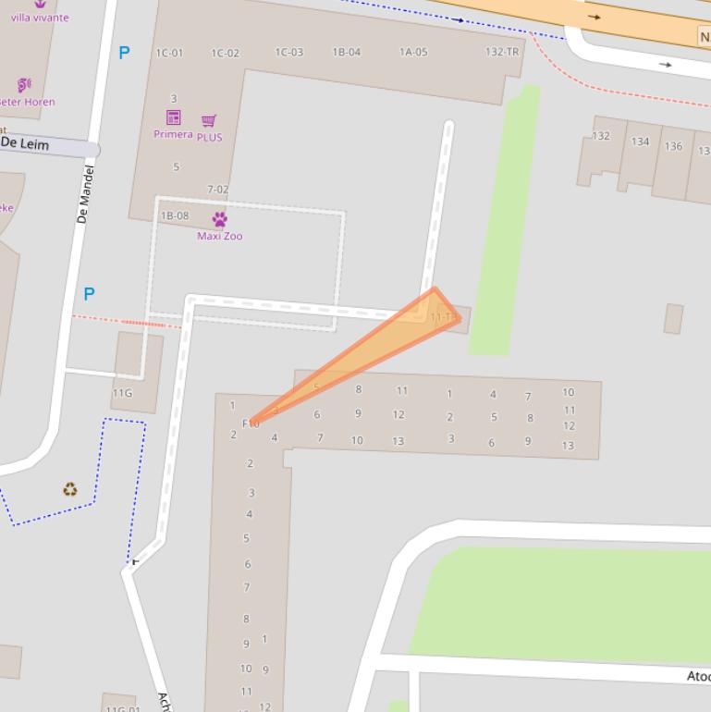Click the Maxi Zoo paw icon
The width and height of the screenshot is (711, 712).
pos(219,219)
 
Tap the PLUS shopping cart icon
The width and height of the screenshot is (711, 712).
pos(209,121)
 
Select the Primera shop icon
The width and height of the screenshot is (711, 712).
pos(173,117)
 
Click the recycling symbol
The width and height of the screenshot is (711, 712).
pos(70,489)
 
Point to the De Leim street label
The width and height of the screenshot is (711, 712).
pos(25,143)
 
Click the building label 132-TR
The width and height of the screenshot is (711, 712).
pos(502,52)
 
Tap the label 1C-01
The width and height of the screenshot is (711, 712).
pos(169,53)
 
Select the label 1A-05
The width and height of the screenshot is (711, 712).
pos(413,52)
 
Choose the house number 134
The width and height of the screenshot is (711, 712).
pos(640,141)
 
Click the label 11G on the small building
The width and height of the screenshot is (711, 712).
pos(122,393)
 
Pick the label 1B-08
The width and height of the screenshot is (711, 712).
pos(175,215)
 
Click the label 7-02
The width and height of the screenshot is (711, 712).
pos(217,190)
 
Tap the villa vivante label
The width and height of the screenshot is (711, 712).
pos(40,17)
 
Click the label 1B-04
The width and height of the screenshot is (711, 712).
pos(347,52)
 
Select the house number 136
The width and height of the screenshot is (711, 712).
pos(673,146)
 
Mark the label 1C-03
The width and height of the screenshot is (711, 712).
pos(288,52)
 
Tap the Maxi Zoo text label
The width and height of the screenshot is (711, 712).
pos(220,236)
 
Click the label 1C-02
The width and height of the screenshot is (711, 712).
pos(225,53)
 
